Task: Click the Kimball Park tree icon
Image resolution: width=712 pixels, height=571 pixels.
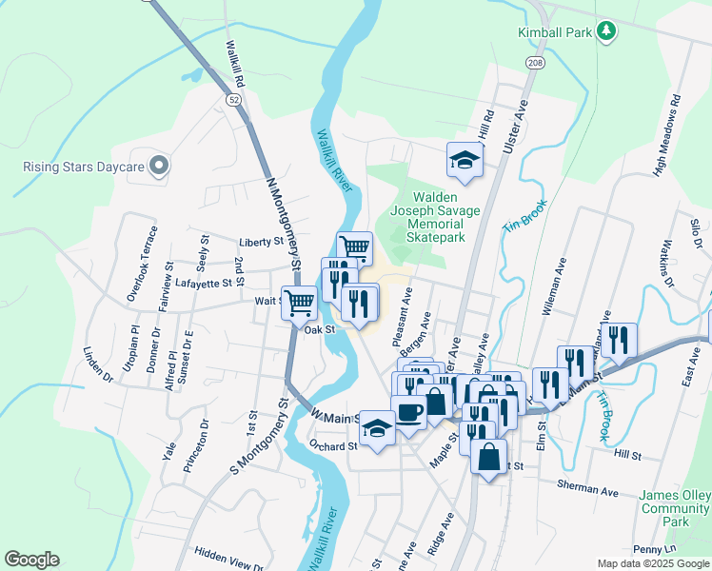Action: point(605,32)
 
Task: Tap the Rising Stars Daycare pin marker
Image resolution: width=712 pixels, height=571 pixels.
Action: point(159,167)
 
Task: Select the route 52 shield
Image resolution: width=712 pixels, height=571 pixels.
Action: point(233,98)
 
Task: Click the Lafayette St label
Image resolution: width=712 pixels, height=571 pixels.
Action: point(204,283)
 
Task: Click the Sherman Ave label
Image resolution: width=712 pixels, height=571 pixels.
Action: point(588,489)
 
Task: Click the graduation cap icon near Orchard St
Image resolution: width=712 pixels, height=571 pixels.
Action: point(377,429)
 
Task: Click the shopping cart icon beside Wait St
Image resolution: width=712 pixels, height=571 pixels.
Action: point(299,303)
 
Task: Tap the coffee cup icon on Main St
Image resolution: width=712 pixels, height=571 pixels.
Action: point(409,412)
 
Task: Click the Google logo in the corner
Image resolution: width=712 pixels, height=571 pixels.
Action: point(31,560)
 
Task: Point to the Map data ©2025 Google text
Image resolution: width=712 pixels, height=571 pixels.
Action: point(652,563)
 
